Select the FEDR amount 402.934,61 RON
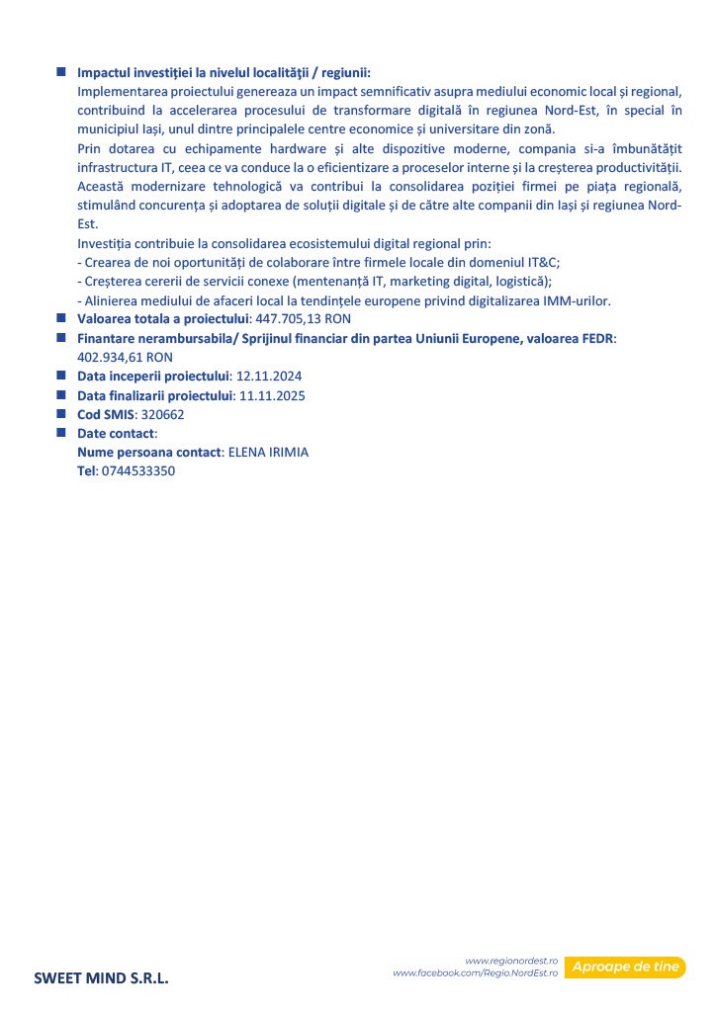coord(125,357)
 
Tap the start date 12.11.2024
coord(269,377)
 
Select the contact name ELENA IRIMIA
coord(268,453)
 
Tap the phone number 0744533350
coord(138,471)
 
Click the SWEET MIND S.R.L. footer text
coord(101,978)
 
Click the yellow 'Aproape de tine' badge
coord(626,967)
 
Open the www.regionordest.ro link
coord(511,961)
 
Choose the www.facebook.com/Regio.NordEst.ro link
coord(476,973)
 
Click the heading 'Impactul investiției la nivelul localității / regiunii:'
coord(224,73)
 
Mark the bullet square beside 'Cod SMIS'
coord(60,414)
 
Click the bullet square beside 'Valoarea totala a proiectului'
coord(60,318)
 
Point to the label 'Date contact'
coord(116,434)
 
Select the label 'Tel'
coord(86,471)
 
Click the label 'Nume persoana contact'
coord(149,453)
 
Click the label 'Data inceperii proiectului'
coord(153,377)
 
